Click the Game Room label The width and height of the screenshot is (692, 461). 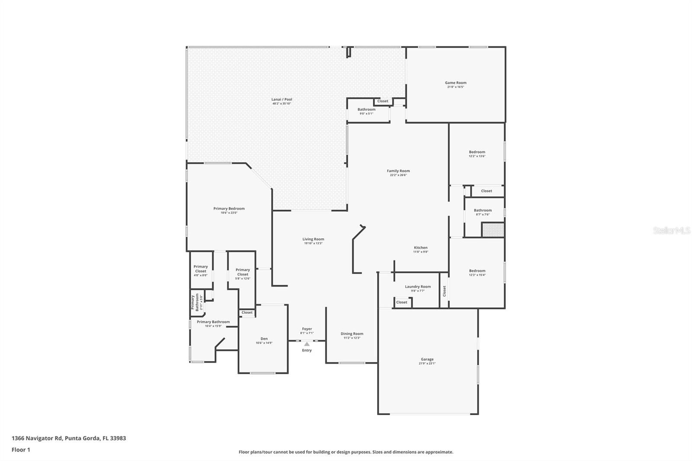pyautogui.click(x=455, y=83)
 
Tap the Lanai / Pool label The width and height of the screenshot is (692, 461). pyautogui.click(x=282, y=99)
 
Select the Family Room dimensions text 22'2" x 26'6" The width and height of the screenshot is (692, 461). pyautogui.click(x=398, y=175)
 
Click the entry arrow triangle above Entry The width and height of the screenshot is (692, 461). pyautogui.click(x=307, y=344)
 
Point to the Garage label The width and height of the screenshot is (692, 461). pyautogui.click(x=427, y=359)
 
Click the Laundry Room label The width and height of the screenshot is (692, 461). pyautogui.click(x=418, y=287)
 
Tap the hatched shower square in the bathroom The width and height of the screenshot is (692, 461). pyautogui.click(x=493, y=230)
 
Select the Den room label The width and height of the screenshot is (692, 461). pyautogui.click(x=264, y=339)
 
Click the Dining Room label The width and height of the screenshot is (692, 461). pyautogui.click(x=352, y=334)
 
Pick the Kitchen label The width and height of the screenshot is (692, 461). pyautogui.click(x=420, y=248)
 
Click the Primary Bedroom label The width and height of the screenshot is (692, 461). pyautogui.click(x=229, y=208)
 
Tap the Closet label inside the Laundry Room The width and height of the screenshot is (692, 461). pyautogui.click(x=401, y=302)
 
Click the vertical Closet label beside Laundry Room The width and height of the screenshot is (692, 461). pyautogui.click(x=444, y=291)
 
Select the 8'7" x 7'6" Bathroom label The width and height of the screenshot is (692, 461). pyautogui.click(x=483, y=211)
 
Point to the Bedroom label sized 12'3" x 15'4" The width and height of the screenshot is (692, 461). pyautogui.click(x=477, y=271)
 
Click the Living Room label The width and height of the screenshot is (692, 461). pyautogui.click(x=313, y=239)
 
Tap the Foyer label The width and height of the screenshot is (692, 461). pyautogui.click(x=307, y=329)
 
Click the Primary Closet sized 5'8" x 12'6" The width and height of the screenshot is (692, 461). pyautogui.click(x=243, y=272)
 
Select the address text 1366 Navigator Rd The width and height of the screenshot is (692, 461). pyautogui.click(x=37, y=438)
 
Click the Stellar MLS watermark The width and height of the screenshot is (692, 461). pyautogui.click(x=671, y=231)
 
